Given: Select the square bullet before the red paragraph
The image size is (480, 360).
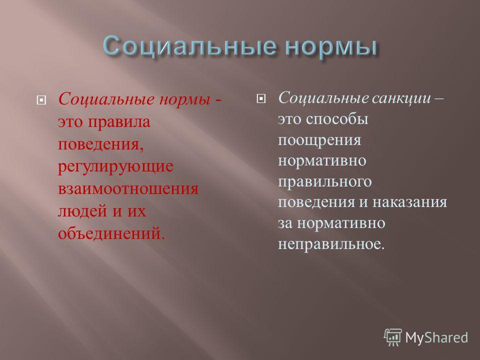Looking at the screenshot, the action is [x=41, y=100].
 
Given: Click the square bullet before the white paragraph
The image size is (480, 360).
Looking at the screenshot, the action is [x=261, y=98].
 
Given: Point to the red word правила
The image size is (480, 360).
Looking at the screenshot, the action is [x=119, y=122].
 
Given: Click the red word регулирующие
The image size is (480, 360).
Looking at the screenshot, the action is [x=115, y=167].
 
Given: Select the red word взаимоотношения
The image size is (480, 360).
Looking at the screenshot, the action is [x=128, y=189].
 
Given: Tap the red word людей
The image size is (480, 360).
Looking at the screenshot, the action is [x=82, y=211].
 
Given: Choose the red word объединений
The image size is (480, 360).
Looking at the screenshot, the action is [x=111, y=233].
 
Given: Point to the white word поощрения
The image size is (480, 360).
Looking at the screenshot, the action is [x=319, y=140].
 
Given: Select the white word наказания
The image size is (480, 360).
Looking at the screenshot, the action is [x=410, y=202].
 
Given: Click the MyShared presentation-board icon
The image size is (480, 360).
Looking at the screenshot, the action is [x=393, y=337].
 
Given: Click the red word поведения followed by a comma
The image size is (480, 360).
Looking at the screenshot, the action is [x=100, y=144].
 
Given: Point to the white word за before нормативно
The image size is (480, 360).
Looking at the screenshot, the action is [x=285, y=223].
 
